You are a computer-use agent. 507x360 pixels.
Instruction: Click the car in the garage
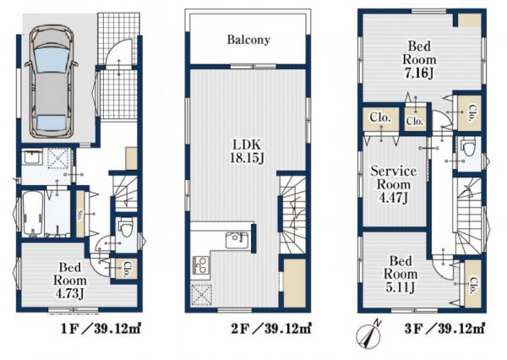(x=52, y=83)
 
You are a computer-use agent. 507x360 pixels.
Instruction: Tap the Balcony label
(x=248, y=40)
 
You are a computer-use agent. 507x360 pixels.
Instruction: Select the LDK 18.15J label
(x=248, y=151)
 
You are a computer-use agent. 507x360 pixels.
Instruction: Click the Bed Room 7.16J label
(x=419, y=60)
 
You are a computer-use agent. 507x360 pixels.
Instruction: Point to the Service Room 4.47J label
(x=394, y=184)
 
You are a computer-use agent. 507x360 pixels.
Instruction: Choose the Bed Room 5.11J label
(x=401, y=274)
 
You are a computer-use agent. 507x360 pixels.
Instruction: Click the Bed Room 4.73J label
(x=70, y=281)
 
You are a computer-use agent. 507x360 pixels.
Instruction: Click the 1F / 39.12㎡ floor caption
(x=101, y=330)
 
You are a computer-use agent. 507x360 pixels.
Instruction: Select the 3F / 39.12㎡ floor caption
(x=444, y=330)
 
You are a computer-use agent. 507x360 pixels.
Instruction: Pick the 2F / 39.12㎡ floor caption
(x=271, y=330)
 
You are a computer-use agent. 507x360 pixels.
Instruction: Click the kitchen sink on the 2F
(x=237, y=240)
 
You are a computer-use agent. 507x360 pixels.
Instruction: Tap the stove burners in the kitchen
(x=201, y=265)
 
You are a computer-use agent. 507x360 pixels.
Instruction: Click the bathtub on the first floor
(x=33, y=214)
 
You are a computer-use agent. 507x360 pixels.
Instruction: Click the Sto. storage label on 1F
(x=79, y=215)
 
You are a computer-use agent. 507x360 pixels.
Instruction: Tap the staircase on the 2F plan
(x=292, y=214)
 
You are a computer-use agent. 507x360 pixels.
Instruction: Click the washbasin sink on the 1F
(x=31, y=158)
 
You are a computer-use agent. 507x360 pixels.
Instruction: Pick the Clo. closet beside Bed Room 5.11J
(x=473, y=284)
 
